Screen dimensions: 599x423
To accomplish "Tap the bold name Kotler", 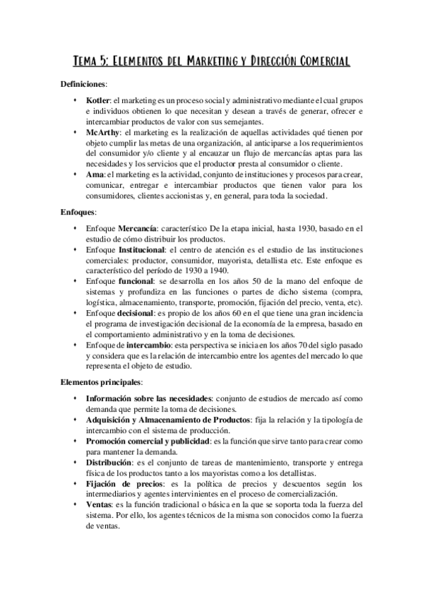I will click(x=97, y=101).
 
